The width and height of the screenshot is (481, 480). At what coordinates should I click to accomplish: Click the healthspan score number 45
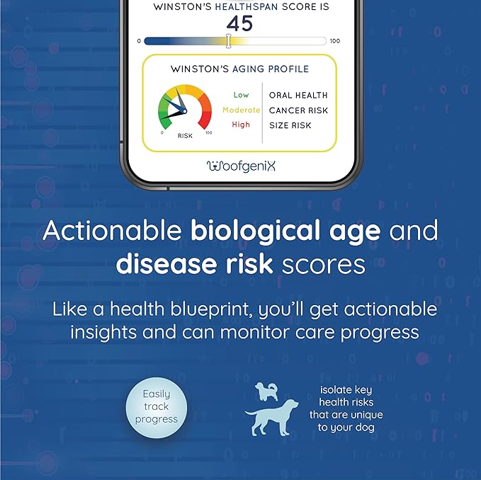239,23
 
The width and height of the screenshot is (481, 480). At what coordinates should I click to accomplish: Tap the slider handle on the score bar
228,41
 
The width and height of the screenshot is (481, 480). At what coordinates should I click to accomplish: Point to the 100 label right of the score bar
335,41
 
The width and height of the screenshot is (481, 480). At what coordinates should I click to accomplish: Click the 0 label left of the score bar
140,41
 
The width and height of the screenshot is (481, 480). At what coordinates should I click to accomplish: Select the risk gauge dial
184,108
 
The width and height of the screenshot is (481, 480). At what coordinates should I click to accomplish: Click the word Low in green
241,95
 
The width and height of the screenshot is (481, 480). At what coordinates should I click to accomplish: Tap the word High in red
241,125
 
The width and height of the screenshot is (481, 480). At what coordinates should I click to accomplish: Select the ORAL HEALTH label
298,95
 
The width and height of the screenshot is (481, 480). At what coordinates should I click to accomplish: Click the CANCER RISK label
298,110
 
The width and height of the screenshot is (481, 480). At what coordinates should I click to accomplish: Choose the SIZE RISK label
290,125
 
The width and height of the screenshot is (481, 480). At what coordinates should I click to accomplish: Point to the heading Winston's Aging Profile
239,69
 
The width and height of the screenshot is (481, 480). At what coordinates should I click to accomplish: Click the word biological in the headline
240,231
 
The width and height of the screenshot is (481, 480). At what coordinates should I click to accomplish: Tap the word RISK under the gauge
185,135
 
